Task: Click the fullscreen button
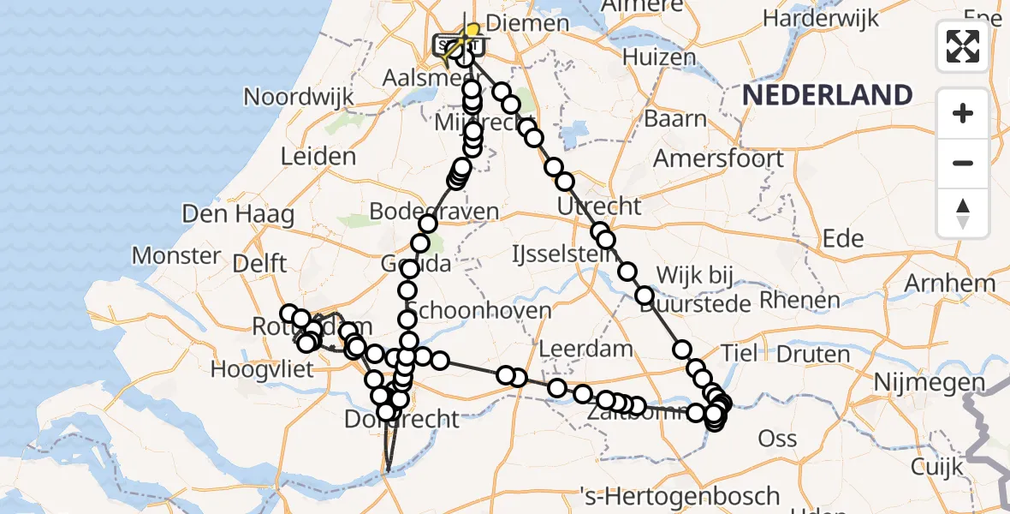tap(963, 45)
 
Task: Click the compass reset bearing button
tap(963, 213)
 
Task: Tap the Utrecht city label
tap(598, 206)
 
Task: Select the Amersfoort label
tap(718, 158)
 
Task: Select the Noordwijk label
tap(299, 96)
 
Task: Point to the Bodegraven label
tap(434, 211)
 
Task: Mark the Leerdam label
tap(586, 349)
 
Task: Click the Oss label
tap(778, 439)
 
